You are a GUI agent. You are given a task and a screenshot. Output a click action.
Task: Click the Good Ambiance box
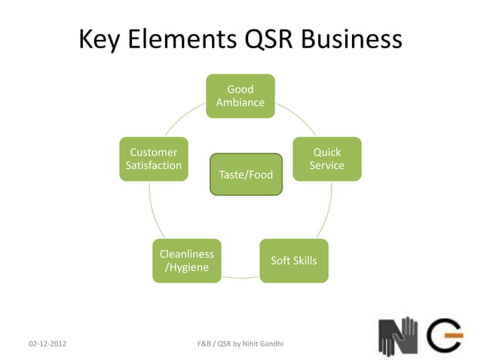click(240, 96)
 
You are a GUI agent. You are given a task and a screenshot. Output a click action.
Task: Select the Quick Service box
click(327, 159)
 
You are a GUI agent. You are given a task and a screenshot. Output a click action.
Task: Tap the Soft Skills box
click(294, 261)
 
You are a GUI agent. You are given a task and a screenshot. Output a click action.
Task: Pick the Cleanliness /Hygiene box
click(187, 261)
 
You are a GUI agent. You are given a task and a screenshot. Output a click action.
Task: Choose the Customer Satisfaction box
click(154, 159)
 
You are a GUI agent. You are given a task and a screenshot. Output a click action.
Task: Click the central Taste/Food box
click(246, 175)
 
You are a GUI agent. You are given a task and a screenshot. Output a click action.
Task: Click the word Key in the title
click(101, 39)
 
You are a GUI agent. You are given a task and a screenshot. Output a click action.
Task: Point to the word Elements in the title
click(181, 39)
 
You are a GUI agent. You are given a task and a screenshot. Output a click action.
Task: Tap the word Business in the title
click(353, 39)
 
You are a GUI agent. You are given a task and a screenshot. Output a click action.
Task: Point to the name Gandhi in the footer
click(270, 344)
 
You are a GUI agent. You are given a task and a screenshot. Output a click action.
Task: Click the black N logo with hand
click(397, 335)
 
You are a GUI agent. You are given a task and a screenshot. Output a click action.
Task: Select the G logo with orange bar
click(445, 335)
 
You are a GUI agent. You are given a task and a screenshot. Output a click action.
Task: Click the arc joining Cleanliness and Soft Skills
click(240, 277)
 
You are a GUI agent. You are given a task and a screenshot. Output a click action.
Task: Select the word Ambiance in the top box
click(240, 102)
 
